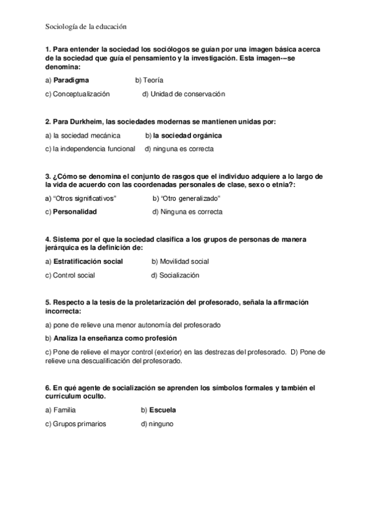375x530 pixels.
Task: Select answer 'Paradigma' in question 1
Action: click(x=71, y=80)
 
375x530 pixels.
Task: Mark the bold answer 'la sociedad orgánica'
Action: click(x=187, y=135)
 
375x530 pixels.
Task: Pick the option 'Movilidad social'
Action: click(x=184, y=261)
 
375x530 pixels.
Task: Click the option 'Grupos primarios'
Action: click(x=80, y=424)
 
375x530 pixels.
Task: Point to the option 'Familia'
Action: click(x=64, y=410)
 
